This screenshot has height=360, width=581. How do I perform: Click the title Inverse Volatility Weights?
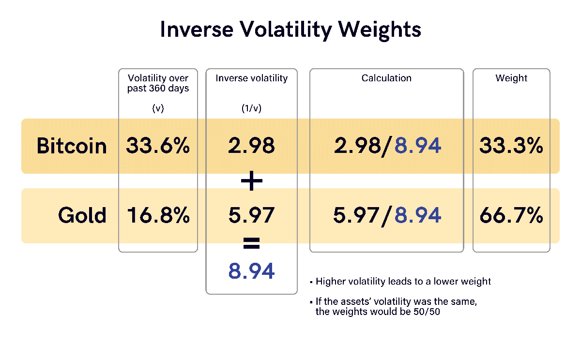tap(290, 30)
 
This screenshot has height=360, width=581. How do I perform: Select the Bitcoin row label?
tap(72, 146)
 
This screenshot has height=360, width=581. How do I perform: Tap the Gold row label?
tap(82, 215)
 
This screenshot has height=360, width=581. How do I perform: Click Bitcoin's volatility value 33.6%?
tap(158, 146)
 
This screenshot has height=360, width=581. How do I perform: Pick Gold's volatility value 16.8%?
tap(158, 215)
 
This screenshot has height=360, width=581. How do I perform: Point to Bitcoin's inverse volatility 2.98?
tap(251, 146)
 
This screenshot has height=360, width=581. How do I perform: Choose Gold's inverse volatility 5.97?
tap(251, 215)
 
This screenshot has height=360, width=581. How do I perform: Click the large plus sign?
tap(251, 182)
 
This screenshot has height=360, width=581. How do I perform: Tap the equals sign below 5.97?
tap(251, 243)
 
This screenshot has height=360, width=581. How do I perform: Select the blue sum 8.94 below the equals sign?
tap(251, 271)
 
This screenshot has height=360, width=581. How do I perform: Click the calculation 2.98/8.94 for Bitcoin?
tap(387, 146)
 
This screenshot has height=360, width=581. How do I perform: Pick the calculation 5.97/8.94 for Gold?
tap(387, 215)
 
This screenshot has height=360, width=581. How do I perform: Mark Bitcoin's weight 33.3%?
tap(511, 146)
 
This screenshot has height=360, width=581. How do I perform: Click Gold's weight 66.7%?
tap(511, 215)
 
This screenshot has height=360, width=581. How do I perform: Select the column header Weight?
tap(511, 78)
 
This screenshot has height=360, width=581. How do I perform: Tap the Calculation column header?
tap(386, 78)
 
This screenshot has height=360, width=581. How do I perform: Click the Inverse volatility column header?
tap(251, 78)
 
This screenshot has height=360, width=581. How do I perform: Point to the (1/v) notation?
tap(251, 109)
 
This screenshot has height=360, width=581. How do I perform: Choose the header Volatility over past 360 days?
tap(158, 83)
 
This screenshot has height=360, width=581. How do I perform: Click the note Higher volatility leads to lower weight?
tap(403, 282)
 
